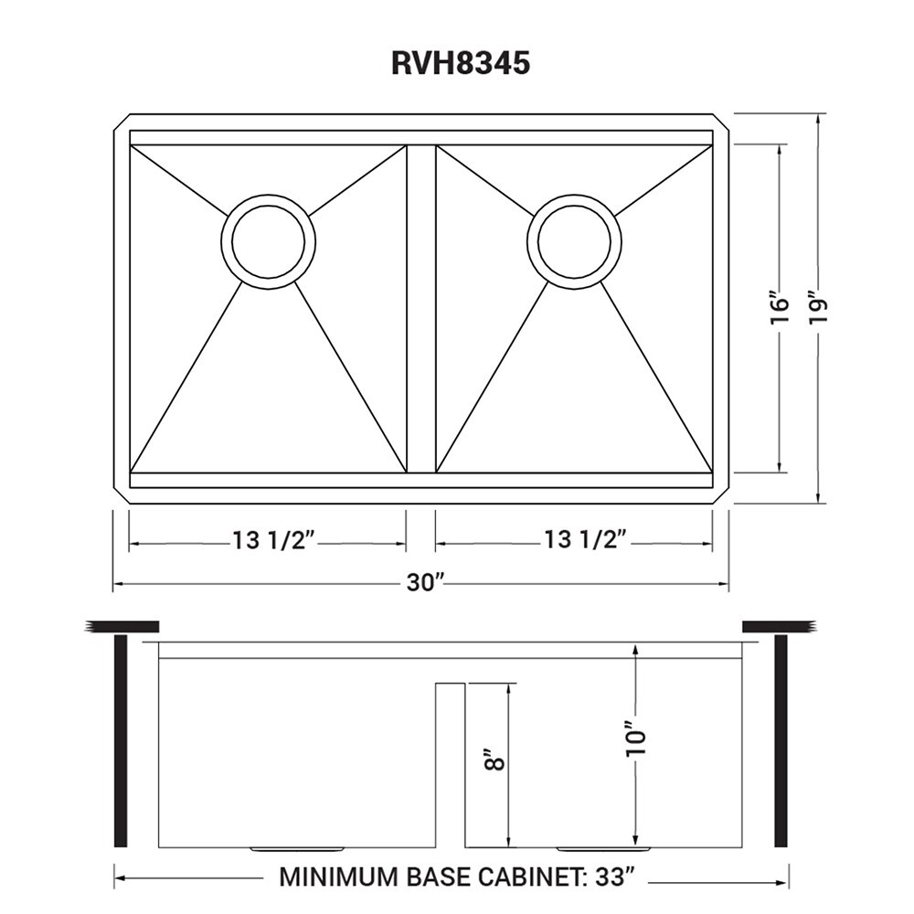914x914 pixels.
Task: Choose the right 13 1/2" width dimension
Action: [586, 539]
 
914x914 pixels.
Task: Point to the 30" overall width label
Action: [426, 581]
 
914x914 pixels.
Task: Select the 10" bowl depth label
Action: [636, 739]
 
